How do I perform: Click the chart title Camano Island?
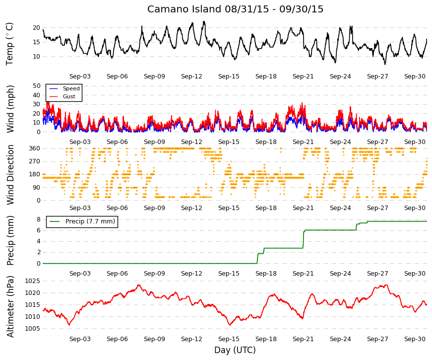click(184, 9)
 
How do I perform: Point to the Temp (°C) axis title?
click(9, 44)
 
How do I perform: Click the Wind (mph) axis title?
click(10, 109)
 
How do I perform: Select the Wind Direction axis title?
click(10, 175)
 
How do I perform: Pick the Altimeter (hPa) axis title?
click(10, 306)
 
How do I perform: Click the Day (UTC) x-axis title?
click(235, 351)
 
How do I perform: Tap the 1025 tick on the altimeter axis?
click(33, 281)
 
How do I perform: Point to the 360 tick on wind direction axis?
click(34, 148)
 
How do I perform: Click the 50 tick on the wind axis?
click(36, 86)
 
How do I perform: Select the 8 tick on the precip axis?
click(38, 219)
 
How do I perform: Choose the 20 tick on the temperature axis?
click(36, 28)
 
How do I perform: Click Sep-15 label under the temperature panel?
click(229, 76)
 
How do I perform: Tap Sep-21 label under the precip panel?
click(303, 274)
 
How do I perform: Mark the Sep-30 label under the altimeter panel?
click(415, 339)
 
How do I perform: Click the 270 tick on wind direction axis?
click(34, 161)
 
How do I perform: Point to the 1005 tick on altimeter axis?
click(33, 329)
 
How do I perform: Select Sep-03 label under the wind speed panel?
click(80, 142)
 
